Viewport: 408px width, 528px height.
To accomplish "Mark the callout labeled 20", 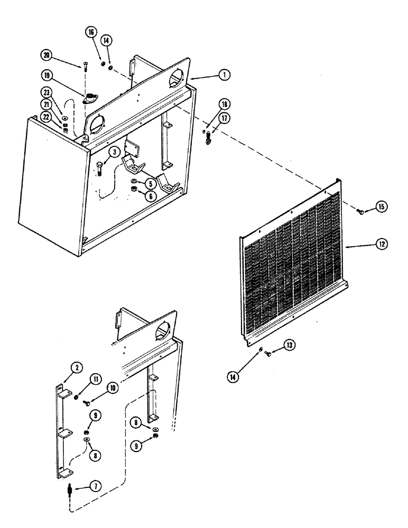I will point(47,55).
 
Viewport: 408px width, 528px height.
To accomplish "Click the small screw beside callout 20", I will point(84,67).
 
